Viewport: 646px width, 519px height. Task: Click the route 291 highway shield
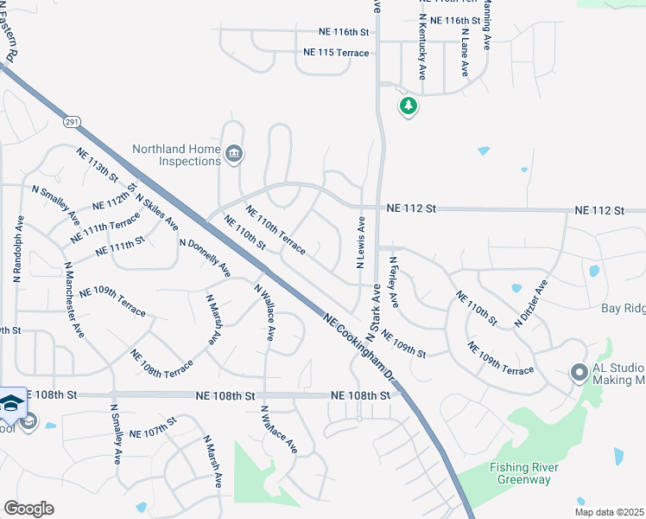[x=72, y=123]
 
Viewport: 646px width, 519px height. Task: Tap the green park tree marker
[x=408, y=106]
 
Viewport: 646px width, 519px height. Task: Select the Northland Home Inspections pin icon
[x=234, y=155]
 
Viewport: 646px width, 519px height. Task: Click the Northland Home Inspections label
[x=176, y=155]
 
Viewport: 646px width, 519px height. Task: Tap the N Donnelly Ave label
[x=205, y=258]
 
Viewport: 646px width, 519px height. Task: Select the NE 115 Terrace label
[x=336, y=53]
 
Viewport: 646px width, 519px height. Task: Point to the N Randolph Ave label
[x=16, y=251]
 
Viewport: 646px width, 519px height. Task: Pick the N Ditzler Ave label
[x=531, y=303]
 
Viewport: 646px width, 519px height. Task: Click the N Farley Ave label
[x=393, y=282]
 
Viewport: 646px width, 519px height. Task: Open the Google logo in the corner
[x=28, y=509]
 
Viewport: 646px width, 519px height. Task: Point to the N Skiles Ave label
[x=156, y=211]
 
